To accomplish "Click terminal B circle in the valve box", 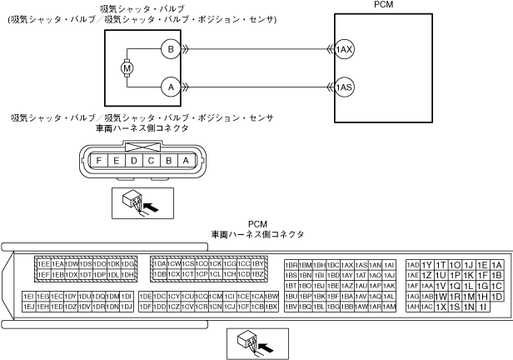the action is pyautogui.click(x=171, y=50).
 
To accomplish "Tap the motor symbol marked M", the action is pyautogui.click(x=127, y=67).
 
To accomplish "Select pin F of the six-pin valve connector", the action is pyautogui.click(x=100, y=160).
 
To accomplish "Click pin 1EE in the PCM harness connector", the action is pyautogui.click(x=44, y=264).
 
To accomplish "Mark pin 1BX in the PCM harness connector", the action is pyautogui.click(x=271, y=307).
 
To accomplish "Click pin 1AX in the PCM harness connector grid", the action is pyautogui.click(x=348, y=264).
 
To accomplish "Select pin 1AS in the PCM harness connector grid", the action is pyautogui.click(x=361, y=264).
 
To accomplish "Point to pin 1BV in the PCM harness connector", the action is pyautogui.click(x=291, y=307).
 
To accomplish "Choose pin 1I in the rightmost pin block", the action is pyautogui.click(x=482, y=307).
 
